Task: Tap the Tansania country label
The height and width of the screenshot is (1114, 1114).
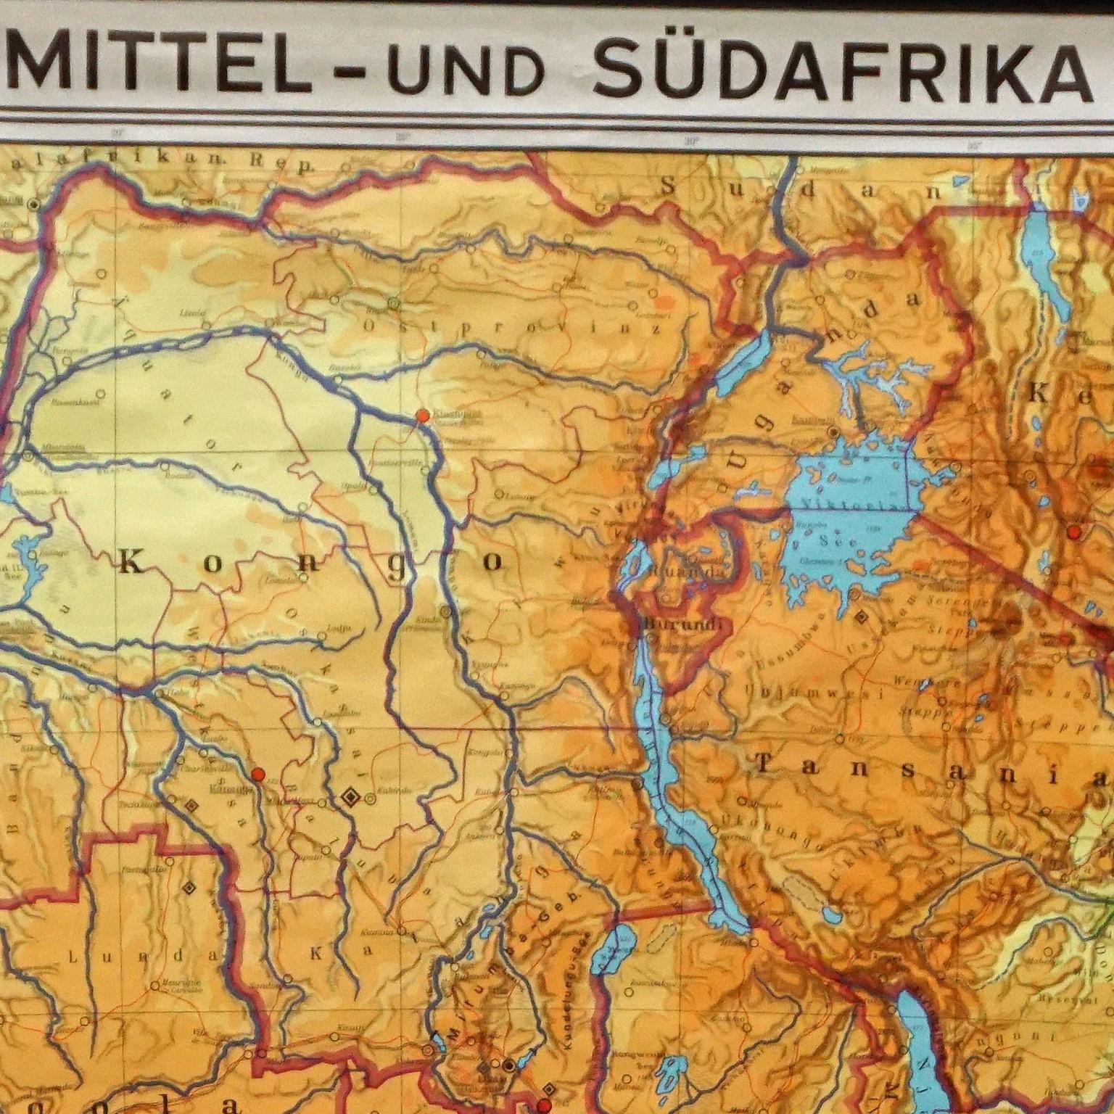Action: (x=928, y=770)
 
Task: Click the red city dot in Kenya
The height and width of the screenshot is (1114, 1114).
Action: (x=1074, y=532)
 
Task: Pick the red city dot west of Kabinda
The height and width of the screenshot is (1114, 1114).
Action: (x=257, y=774)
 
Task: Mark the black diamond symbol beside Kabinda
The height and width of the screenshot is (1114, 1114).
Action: (x=350, y=797)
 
